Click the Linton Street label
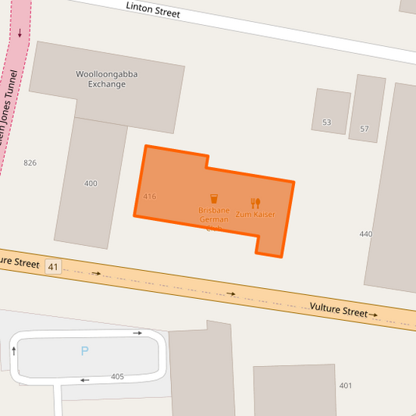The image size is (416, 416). [153, 9]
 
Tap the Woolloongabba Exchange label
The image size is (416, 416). [107, 79]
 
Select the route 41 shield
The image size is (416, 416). [53, 267]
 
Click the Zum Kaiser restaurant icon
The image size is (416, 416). [255, 203]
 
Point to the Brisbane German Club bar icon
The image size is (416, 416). [214, 199]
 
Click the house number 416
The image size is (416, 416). [150, 197]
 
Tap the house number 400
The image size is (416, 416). [91, 183]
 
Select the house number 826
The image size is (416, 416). [30, 163]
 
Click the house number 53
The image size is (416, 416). [326, 123]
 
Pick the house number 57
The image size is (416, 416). [364, 129]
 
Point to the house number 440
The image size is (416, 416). [365, 234]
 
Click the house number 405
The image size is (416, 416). [117, 377]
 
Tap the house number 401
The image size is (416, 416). [345, 386]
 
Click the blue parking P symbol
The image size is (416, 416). [84, 351]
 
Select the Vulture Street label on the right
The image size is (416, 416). [338, 311]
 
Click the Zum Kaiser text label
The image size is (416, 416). [255, 214]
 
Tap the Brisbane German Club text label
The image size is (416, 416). [214, 215]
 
